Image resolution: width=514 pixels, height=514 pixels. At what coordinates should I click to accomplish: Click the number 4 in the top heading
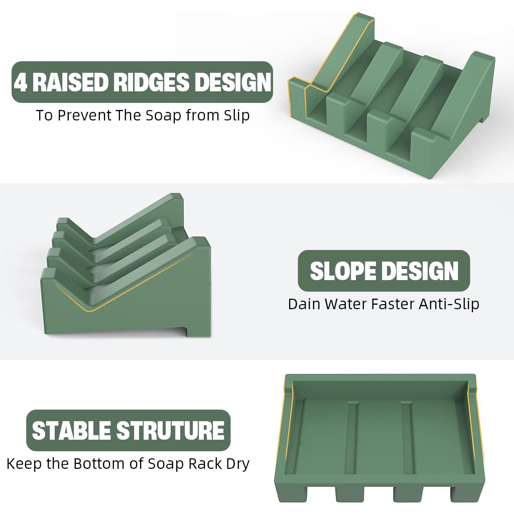click(22, 82)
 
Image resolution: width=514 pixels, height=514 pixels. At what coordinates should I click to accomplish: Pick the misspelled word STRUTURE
click(170, 431)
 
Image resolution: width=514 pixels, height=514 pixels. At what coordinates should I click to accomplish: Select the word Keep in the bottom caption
click(24, 463)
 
